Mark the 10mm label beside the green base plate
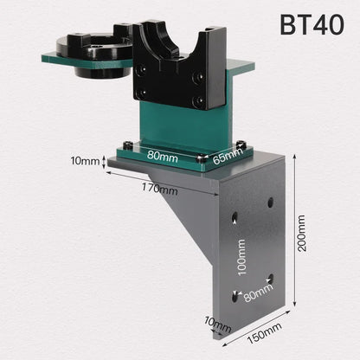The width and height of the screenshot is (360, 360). pyautogui.click(x=86, y=161)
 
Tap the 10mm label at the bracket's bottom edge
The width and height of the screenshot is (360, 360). pyautogui.click(x=217, y=326)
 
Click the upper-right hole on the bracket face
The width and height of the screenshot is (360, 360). pyautogui.click(x=271, y=202)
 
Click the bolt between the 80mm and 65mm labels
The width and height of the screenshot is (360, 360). pyautogui.click(x=201, y=159)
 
